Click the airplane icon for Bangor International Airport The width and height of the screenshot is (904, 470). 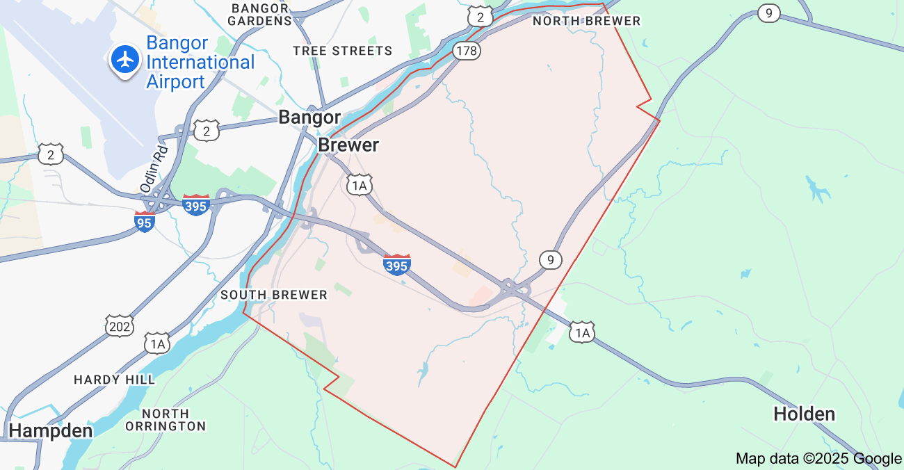pyautogui.click(x=125, y=60)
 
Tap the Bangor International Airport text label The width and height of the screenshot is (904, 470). pyautogui.click(x=200, y=63)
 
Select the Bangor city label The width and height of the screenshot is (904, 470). pyautogui.click(x=309, y=117)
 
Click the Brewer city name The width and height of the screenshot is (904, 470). pyautogui.click(x=348, y=145)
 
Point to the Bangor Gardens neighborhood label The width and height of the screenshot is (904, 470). pyautogui.click(x=261, y=14)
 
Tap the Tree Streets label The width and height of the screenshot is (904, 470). pyautogui.click(x=342, y=51)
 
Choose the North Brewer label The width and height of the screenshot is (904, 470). pyautogui.click(x=586, y=21)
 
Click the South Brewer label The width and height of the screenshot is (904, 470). pyautogui.click(x=274, y=295)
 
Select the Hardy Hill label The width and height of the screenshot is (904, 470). pyautogui.click(x=115, y=380)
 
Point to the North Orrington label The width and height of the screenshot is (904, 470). pyautogui.click(x=166, y=420)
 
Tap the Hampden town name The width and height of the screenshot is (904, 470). pyautogui.click(x=51, y=430)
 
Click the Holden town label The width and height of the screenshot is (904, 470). pyautogui.click(x=804, y=414)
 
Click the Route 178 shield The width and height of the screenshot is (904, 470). pyautogui.click(x=466, y=50)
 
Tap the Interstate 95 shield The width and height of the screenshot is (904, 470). pyautogui.click(x=145, y=222)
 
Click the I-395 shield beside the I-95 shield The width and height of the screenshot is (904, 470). pyautogui.click(x=196, y=204)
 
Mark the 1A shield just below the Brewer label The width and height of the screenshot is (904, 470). pyautogui.click(x=360, y=184)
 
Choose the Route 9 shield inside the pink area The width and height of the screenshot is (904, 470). pyautogui.click(x=550, y=260)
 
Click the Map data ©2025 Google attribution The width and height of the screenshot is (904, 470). pyautogui.click(x=818, y=458)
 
